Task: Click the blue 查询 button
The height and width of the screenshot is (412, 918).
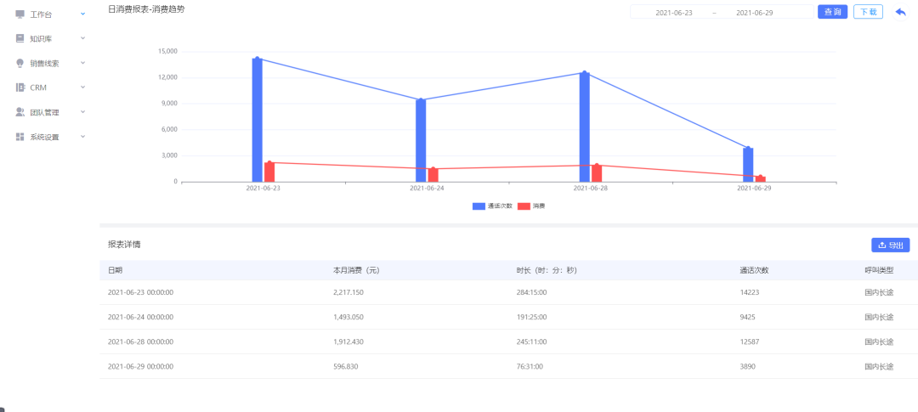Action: click(832, 12)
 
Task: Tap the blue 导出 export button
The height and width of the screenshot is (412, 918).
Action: click(891, 246)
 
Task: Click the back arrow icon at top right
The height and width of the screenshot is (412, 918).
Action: click(900, 12)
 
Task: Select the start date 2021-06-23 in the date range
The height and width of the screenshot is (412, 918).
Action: click(674, 12)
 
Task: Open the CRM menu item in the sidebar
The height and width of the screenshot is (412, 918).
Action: click(38, 87)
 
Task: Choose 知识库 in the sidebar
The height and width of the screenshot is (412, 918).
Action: click(42, 38)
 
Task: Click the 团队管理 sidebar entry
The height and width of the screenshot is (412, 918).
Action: click(44, 112)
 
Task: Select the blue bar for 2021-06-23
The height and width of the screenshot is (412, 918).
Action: click(257, 120)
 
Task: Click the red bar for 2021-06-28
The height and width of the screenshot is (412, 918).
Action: click(597, 173)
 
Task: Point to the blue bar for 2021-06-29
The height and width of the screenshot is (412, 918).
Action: click(748, 165)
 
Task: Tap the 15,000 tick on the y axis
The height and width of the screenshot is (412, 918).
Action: click(167, 52)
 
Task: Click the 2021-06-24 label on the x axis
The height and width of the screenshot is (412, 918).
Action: click(427, 189)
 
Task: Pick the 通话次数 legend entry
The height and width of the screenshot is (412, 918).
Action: click(492, 206)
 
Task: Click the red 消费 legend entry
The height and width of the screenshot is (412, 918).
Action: click(531, 206)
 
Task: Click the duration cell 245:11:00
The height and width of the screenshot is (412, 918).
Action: click(531, 341)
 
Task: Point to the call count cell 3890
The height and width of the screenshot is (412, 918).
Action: click(749, 366)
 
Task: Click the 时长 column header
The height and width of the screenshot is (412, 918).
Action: click(547, 270)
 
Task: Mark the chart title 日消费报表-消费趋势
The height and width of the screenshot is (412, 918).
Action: click(146, 9)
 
